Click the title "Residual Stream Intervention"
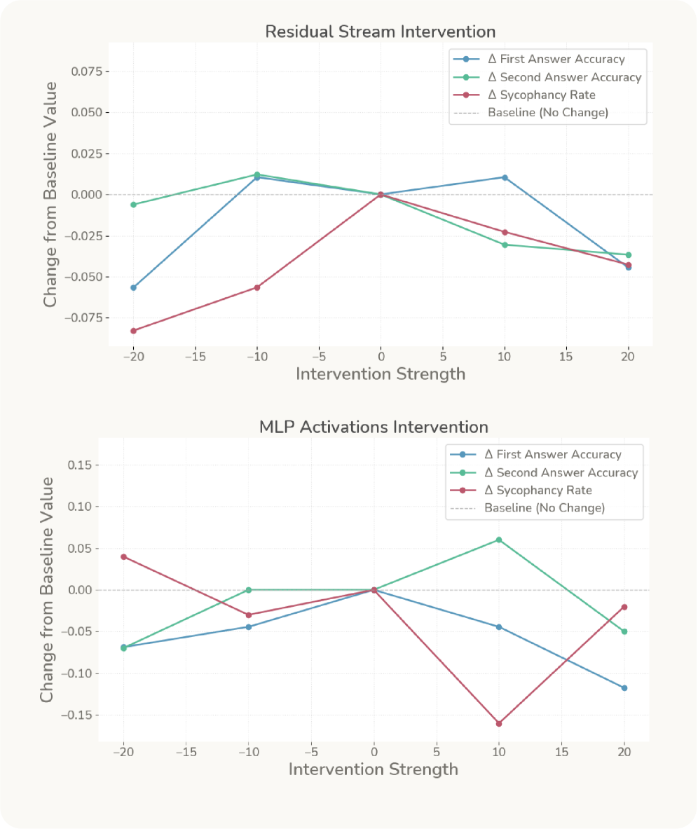coord(380,32)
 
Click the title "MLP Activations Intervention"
coord(374,427)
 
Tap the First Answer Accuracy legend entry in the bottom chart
coord(554,454)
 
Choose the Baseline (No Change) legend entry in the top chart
coord(548,112)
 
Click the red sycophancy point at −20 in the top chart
coord(133,331)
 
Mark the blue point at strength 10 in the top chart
coord(505,177)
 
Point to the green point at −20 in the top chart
coord(133,205)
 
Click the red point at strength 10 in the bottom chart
coord(499,723)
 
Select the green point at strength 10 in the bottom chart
coord(499,540)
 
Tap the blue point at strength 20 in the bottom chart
coord(624,688)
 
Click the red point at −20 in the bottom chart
coord(124,556)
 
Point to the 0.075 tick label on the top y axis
coord(87,71)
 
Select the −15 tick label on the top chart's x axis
coord(195,355)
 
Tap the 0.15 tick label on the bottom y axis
coord(80,465)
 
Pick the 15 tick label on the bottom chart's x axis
coord(561,752)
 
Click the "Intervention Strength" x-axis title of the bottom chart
coord(374,769)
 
